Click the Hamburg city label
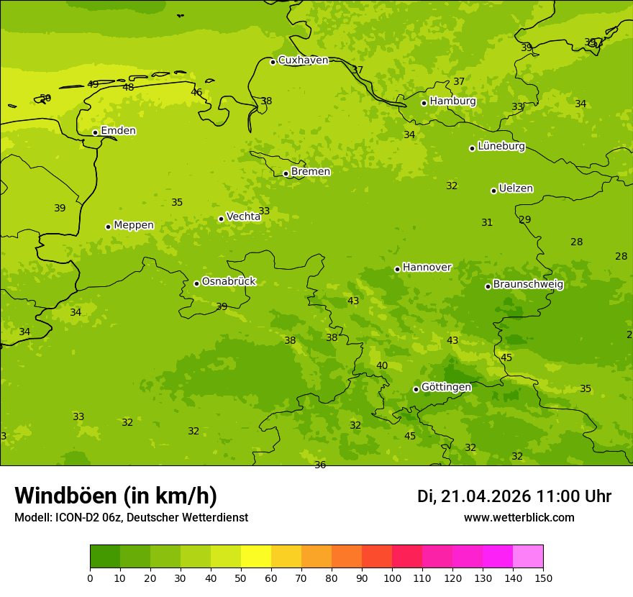pos(452,101)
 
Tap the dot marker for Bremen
pos(286,173)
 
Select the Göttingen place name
pos(446,387)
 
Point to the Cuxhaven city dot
pos(273,62)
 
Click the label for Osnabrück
pos(229,281)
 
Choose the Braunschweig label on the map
pos(528,284)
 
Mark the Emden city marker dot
pos(95,132)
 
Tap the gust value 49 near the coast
pos(93,84)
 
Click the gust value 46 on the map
pos(196,92)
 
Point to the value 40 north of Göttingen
pos(382,365)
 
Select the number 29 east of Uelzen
pos(525,219)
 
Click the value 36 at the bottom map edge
pos(320,465)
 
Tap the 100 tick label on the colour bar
pos(392,578)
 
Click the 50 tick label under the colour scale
pos(241,578)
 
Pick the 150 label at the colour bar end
pos(543,578)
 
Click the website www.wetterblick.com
pos(519,518)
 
